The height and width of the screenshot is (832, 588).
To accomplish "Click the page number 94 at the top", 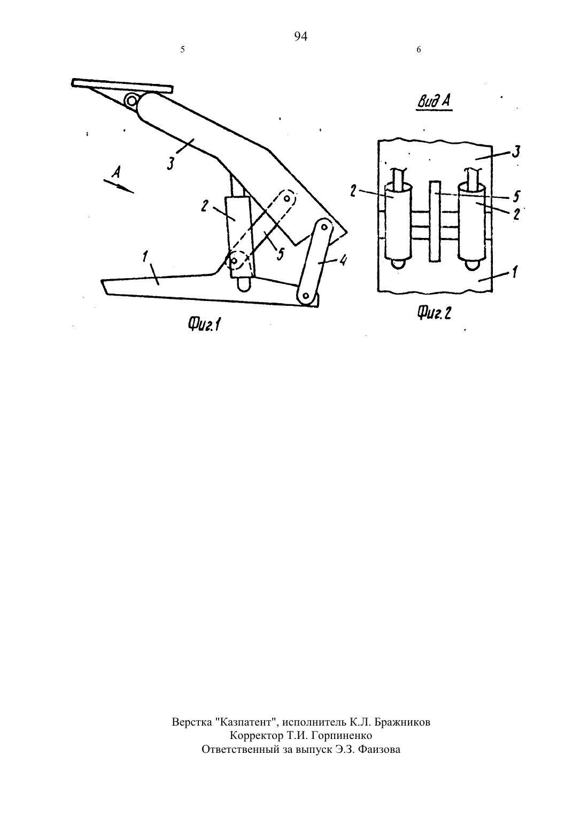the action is pos(300,36).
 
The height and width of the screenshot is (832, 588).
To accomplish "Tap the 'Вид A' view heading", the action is pos(434,102).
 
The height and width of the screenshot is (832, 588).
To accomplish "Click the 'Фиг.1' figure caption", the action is pos(204,325).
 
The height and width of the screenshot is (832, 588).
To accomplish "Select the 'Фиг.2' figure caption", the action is pos(434,312).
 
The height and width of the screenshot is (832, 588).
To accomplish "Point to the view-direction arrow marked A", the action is pos(119,184).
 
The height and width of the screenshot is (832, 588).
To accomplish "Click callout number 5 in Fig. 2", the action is pos(516,196).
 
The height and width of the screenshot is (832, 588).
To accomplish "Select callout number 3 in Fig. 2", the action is pos(516,152).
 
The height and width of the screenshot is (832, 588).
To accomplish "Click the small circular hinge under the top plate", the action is pos(130,100).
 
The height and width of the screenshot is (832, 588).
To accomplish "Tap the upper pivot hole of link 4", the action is pos(324,227).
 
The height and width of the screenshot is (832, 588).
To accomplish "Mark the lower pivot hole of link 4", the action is pos(306,296).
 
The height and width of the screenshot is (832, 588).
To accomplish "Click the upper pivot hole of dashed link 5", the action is pos(287,198).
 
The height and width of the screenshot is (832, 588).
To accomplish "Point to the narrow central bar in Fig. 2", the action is pos(435,221).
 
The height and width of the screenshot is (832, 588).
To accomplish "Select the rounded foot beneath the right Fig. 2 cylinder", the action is pos(472,265).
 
